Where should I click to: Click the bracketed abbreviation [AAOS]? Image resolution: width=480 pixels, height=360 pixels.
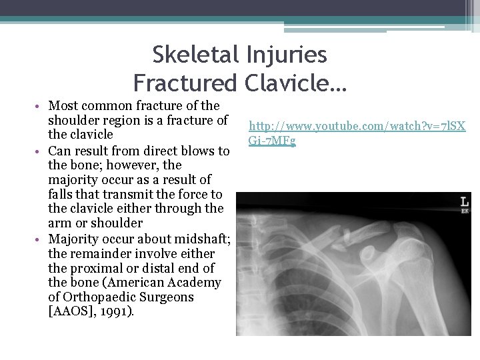[x=71, y=311]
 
